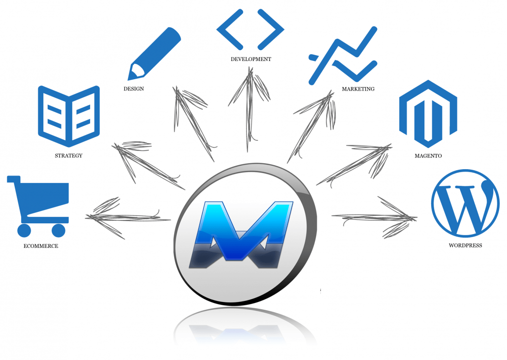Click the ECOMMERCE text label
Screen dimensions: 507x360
41,246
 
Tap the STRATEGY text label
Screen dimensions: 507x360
68,155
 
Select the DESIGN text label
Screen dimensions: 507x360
133,89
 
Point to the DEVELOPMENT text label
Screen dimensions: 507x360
251,59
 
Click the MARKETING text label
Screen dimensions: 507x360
358,89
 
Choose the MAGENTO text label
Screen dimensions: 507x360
428,156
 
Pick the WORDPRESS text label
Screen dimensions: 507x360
465,245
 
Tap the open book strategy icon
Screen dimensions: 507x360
69,116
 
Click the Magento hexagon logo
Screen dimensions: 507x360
428,114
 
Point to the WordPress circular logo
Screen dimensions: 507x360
465,203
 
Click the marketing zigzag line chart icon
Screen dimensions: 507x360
343,56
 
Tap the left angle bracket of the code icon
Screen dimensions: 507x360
230,30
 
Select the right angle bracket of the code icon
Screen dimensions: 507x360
271,30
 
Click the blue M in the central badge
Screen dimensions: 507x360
241,234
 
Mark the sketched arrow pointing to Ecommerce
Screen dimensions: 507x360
127,217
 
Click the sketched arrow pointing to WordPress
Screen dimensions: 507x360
375,217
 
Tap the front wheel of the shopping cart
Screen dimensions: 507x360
59,231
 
